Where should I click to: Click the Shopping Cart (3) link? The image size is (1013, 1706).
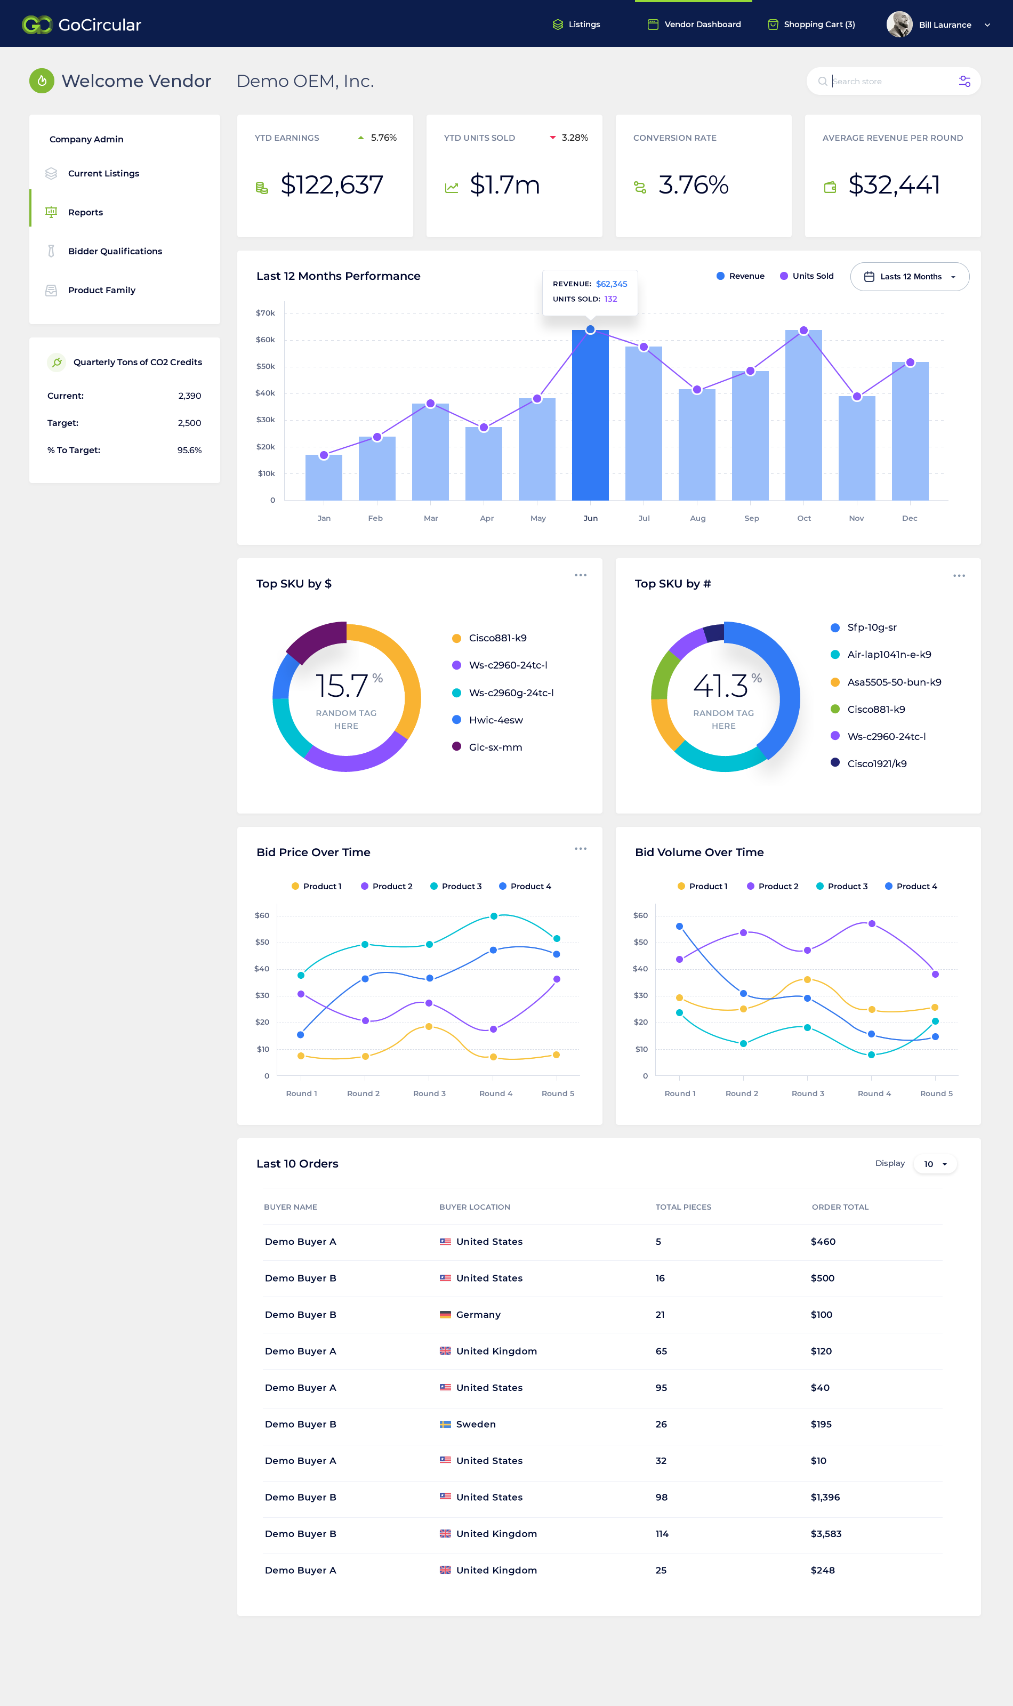coord(811,25)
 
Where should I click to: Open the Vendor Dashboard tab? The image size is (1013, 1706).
coord(694,25)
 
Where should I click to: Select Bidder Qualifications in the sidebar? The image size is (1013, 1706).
coord(115,251)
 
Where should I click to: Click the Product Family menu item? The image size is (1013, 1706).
coord(102,290)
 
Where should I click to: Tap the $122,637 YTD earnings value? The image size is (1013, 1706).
coord(332,185)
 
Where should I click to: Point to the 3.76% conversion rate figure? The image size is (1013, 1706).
coord(694,185)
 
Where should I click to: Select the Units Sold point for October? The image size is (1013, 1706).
coord(803,331)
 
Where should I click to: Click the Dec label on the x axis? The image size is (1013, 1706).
coord(909,519)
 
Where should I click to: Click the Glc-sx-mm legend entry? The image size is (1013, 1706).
coord(487,747)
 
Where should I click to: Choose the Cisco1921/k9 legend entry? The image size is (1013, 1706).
coord(869,763)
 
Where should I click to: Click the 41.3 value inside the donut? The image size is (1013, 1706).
coord(721,686)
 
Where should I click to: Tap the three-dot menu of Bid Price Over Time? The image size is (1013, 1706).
coord(580,849)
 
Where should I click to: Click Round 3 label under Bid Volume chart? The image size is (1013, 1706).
coord(808,1093)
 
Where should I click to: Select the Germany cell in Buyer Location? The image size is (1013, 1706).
coord(470,1314)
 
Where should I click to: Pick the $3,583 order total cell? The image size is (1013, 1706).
coord(826,1533)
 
